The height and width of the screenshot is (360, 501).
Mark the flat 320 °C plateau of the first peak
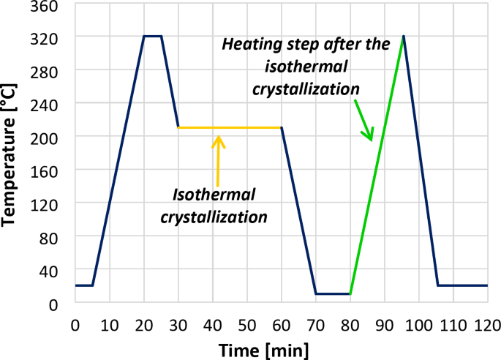pos(153,35)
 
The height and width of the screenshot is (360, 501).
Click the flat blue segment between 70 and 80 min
pos(333,294)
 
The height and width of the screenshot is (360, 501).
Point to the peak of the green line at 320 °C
pos(403,36)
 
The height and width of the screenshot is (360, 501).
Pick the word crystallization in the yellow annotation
pos(221,217)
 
